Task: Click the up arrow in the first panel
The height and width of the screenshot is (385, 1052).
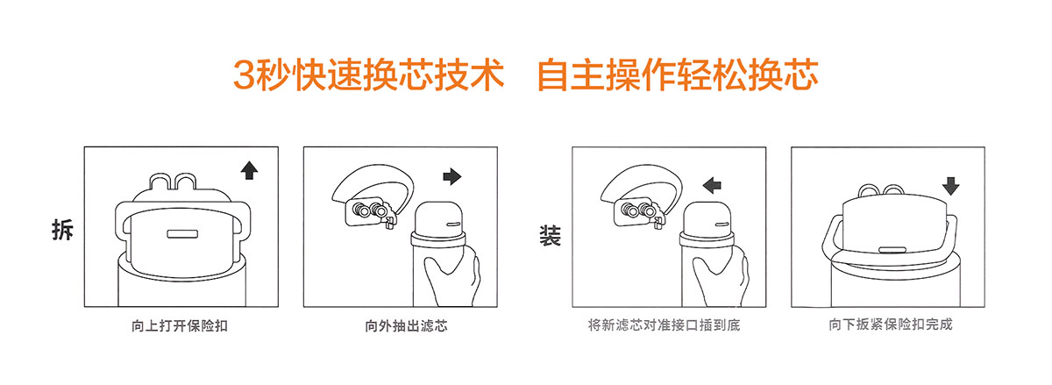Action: (249, 170)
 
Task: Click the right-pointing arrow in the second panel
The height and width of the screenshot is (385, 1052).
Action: (452, 176)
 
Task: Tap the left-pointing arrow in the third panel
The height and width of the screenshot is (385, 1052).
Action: (712, 185)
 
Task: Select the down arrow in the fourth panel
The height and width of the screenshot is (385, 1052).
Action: (950, 186)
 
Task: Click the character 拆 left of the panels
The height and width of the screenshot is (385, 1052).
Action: (62, 230)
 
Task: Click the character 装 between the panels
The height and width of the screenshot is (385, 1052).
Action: (550, 236)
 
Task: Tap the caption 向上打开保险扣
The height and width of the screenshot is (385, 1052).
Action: (180, 325)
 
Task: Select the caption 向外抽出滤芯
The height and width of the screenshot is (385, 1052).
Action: (406, 325)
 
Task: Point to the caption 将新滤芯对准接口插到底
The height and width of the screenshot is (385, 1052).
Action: (664, 324)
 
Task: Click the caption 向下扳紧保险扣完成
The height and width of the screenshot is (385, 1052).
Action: (891, 324)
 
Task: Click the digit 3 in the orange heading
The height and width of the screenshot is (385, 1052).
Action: (244, 75)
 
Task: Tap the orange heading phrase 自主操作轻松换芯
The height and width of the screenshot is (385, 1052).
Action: (678, 75)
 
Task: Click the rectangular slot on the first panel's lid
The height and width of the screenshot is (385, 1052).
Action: (182, 234)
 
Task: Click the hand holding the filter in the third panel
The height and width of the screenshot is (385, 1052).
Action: (721, 276)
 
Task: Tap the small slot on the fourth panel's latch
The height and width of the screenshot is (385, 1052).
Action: (892, 250)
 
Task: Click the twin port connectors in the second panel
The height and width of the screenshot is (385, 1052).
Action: (370, 210)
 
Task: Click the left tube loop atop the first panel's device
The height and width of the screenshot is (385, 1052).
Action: (160, 180)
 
